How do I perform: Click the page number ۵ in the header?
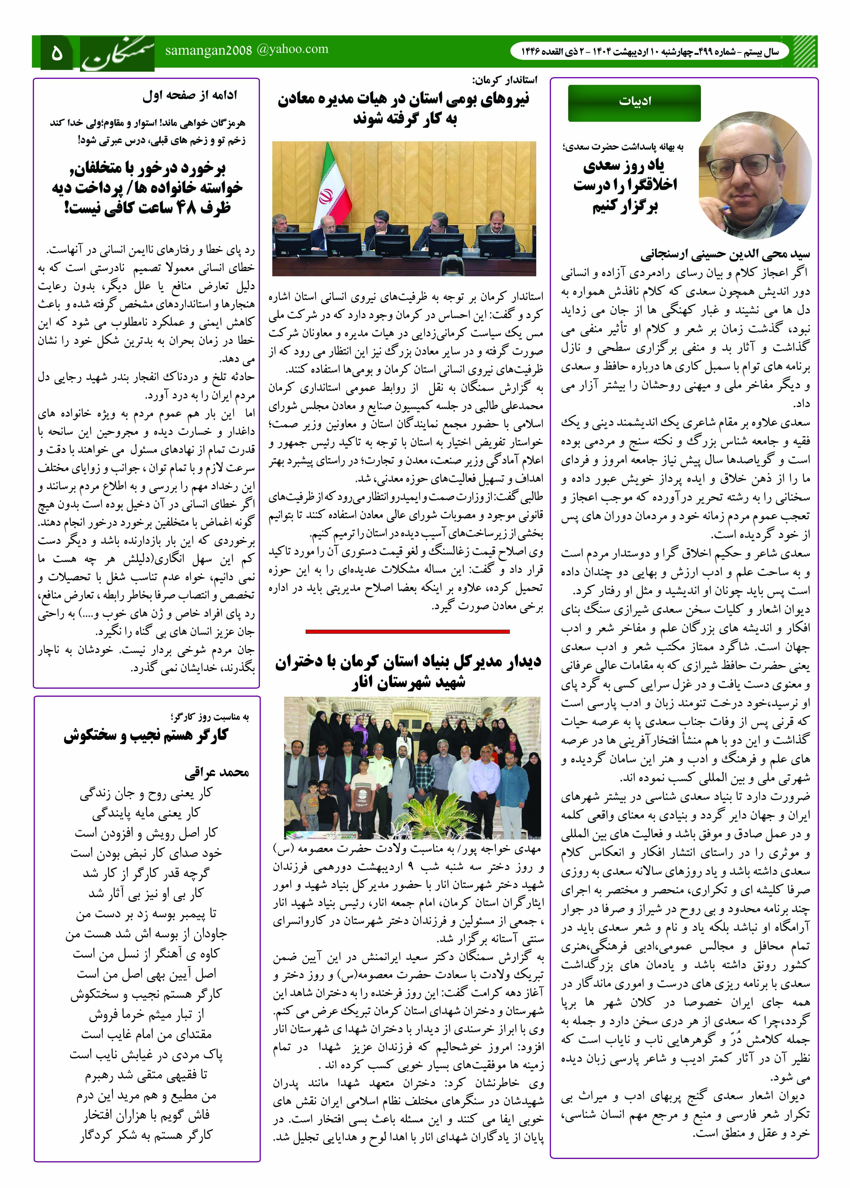(56, 52)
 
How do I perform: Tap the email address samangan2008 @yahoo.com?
(246, 50)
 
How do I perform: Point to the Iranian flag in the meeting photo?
(330, 180)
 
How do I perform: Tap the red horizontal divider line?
(407, 632)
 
